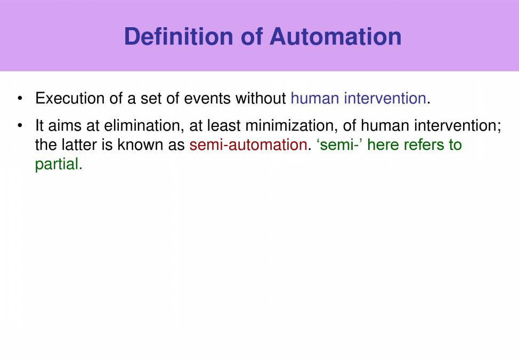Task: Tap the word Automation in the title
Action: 335,36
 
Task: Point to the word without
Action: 261,99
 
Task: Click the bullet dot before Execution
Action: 20,99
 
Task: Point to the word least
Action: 224,126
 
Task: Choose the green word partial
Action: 58,164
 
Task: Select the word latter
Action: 77,145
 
